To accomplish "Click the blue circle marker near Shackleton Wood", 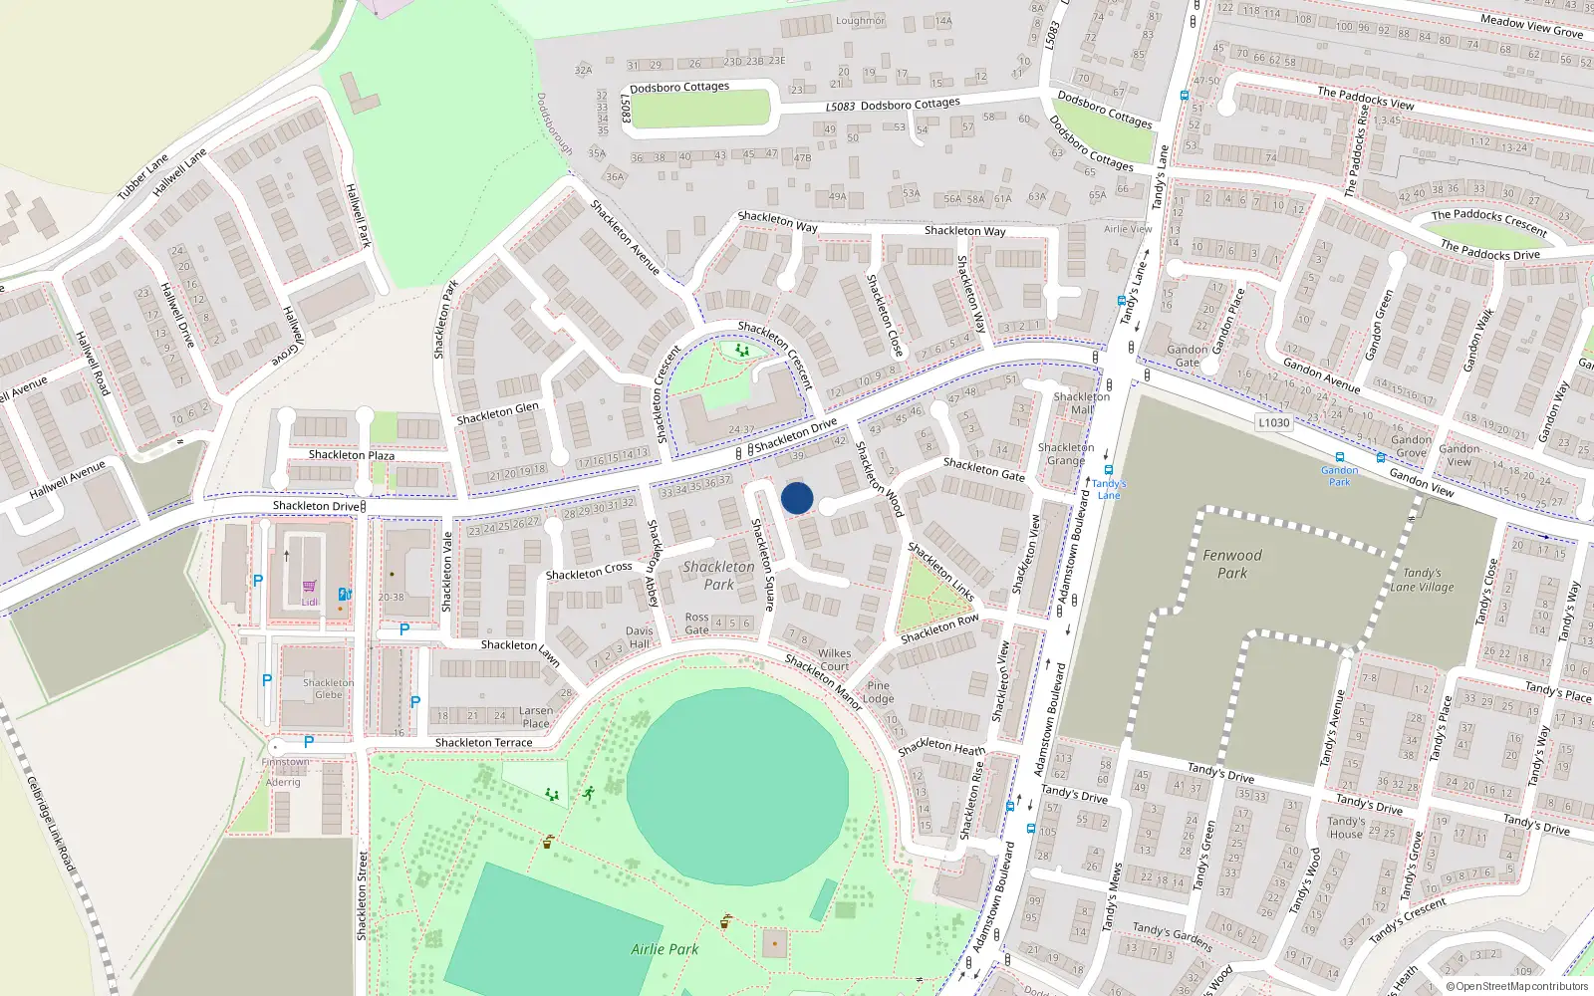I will [x=797, y=498].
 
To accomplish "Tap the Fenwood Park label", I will [x=1232, y=564].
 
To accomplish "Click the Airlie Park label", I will [x=664, y=949].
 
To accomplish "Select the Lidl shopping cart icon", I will [x=309, y=587].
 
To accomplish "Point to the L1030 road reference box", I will [x=1273, y=422].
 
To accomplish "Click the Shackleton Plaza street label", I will [x=351, y=455].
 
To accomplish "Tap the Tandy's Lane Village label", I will [x=1423, y=580].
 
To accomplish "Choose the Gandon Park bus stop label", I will [x=1340, y=476].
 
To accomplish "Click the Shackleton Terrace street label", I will [x=483, y=743].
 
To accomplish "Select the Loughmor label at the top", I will [x=860, y=21].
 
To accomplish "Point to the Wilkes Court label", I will [x=834, y=660].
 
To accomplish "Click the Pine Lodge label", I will [x=879, y=692].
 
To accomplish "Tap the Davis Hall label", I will [x=639, y=637].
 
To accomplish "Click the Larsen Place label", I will [x=536, y=717].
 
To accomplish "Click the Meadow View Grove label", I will [x=1531, y=27].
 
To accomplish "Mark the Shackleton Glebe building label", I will [x=329, y=689].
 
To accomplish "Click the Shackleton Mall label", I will [x=1082, y=403].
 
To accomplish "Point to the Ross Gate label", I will [x=697, y=623].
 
